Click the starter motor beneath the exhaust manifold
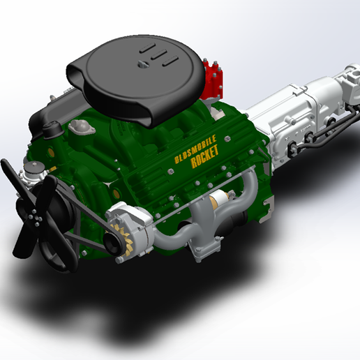pyautogui.click(x=222, y=203)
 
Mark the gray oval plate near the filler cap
pyautogui.click(x=81, y=126)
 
